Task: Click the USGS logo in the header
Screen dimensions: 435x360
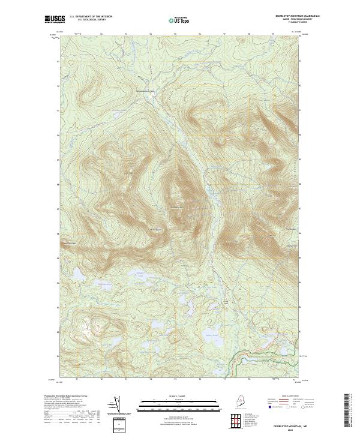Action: tap(55, 19)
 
